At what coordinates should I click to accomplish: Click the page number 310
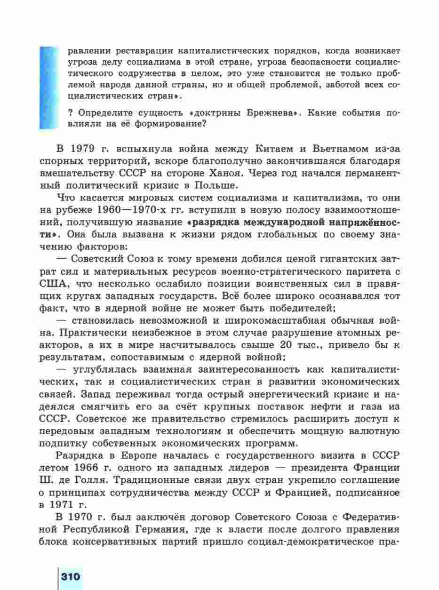[70, 577]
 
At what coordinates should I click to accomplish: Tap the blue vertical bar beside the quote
[48, 87]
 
